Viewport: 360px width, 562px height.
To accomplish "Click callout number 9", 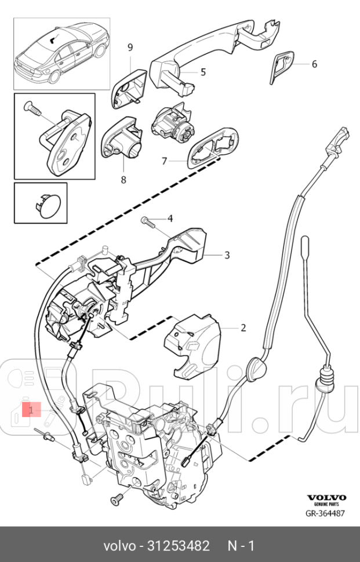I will [130, 46].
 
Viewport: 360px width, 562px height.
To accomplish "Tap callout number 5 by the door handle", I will [203, 72].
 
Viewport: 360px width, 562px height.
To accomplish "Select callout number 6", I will [314, 64].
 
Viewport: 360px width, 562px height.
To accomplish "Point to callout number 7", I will [165, 160].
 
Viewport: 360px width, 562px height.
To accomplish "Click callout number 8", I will [123, 180].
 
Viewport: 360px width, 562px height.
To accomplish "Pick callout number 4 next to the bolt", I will [170, 218].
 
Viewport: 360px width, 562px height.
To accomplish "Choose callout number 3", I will [210, 254].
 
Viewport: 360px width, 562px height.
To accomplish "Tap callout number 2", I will [243, 327].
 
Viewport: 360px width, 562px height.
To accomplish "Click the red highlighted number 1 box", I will [31, 410].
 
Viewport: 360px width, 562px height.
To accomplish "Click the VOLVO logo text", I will [326, 497].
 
